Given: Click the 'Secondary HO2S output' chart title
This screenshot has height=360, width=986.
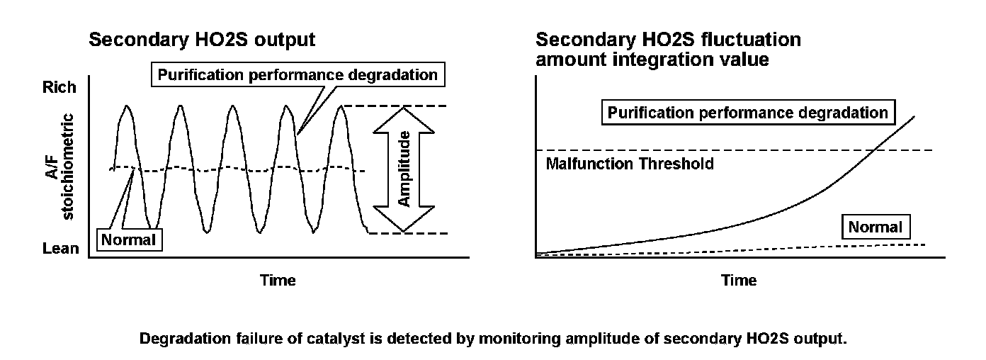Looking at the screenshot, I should pos(202,40).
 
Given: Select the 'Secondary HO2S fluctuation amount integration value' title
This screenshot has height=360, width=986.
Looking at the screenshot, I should pos(668,49).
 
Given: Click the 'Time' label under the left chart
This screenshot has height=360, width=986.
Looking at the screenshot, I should pos(278,280).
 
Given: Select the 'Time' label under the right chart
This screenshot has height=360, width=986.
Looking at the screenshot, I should pos(739,280).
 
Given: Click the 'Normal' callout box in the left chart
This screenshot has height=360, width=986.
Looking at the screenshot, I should pos(128,240).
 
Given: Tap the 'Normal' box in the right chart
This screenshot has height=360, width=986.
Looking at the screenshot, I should pos(875,227).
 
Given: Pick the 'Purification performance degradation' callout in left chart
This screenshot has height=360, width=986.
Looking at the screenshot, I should pos(298,74).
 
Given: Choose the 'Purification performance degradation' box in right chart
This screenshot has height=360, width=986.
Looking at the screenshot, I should pos(747,113).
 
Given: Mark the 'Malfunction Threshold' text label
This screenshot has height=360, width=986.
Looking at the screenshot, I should pos(630,164).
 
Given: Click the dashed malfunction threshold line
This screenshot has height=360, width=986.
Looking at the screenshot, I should pos(708,150).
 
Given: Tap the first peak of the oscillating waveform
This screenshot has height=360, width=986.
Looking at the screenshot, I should pos(127,106).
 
